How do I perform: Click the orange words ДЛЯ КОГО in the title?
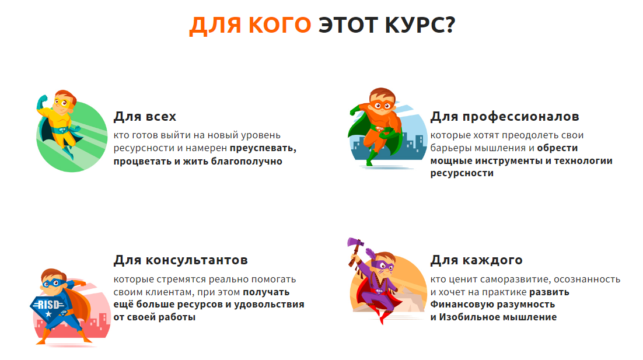[x=250, y=25]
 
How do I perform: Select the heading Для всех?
[x=145, y=117]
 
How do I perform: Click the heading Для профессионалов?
[x=505, y=117]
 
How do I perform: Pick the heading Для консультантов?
[x=181, y=260]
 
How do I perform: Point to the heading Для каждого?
[x=477, y=260]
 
